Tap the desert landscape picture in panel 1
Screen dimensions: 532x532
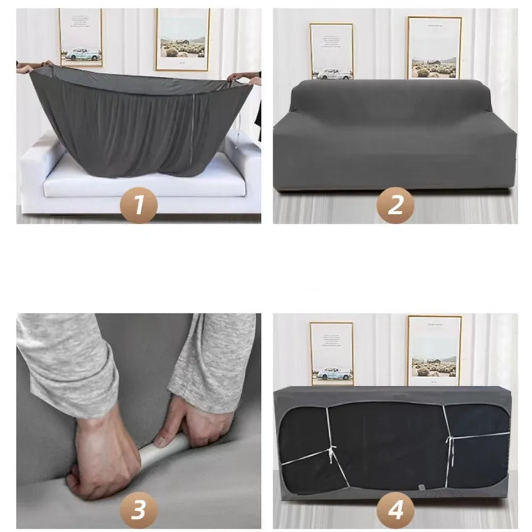coord(182,39)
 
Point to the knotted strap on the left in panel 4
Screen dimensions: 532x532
coord(331,452)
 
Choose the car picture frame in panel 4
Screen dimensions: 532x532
coord(332,353)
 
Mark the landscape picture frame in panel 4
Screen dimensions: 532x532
coord(434,351)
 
